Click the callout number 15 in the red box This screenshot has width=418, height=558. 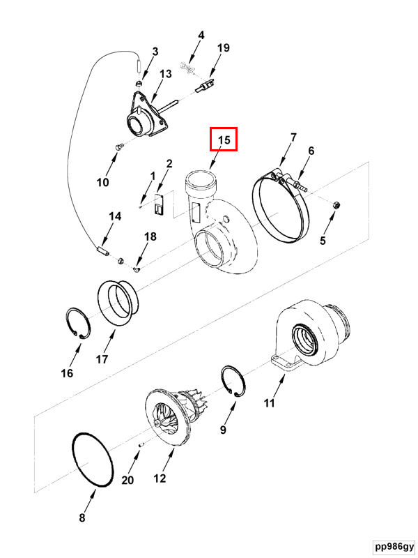coord(224,140)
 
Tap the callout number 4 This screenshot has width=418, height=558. coord(201,36)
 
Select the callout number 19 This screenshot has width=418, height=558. coord(223,47)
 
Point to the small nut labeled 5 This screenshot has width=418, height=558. coord(336,205)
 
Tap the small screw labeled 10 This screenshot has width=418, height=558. coord(120,146)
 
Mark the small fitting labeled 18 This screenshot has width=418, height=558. coord(137,269)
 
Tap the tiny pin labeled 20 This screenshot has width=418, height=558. coord(141,444)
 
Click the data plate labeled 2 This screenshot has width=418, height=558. coord(159,204)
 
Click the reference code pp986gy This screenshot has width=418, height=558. coord(394,547)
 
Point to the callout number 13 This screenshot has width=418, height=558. coord(165,74)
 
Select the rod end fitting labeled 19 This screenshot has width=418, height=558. coord(206,86)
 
